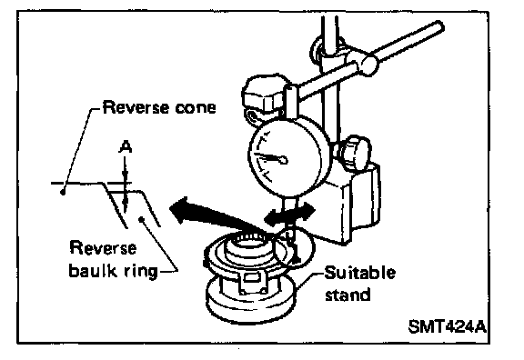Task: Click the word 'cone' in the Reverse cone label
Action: click(x=196, y=108)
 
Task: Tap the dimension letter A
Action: click(x=126, y=147)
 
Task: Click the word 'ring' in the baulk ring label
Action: click(x=140, y=271)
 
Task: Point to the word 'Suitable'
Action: click(x=360, y=273)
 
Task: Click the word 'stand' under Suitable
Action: click(x=348, y=295)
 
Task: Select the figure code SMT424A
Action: click(x=448, y=326)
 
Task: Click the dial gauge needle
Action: click(x=271, y=157)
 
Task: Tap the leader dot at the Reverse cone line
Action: click(x=63, y=192)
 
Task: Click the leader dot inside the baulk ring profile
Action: click(x=141, y=219)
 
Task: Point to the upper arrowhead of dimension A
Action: click(x=125, y=177)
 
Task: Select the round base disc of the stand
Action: click(x=251, y=302)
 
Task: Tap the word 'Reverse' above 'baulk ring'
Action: click(x=103, y=248)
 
